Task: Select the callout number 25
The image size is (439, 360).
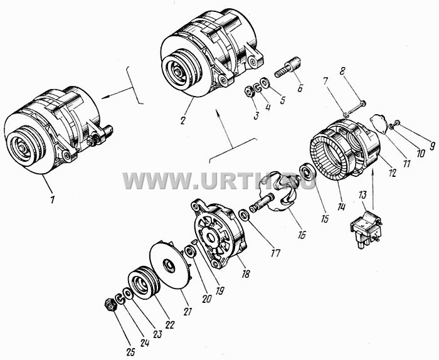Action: click(x=131, y=352)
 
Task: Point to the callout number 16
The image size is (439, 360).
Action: click(x=301, y=235)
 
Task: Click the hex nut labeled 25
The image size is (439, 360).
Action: click(x=110, y=305)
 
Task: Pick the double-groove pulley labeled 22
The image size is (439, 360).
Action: click(x=144, y=283)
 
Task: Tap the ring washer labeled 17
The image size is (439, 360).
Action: click(x=245, y=215)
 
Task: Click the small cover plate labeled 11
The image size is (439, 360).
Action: click(x=379, y=123)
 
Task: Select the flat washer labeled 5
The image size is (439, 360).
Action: click(x=265, y=83)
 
